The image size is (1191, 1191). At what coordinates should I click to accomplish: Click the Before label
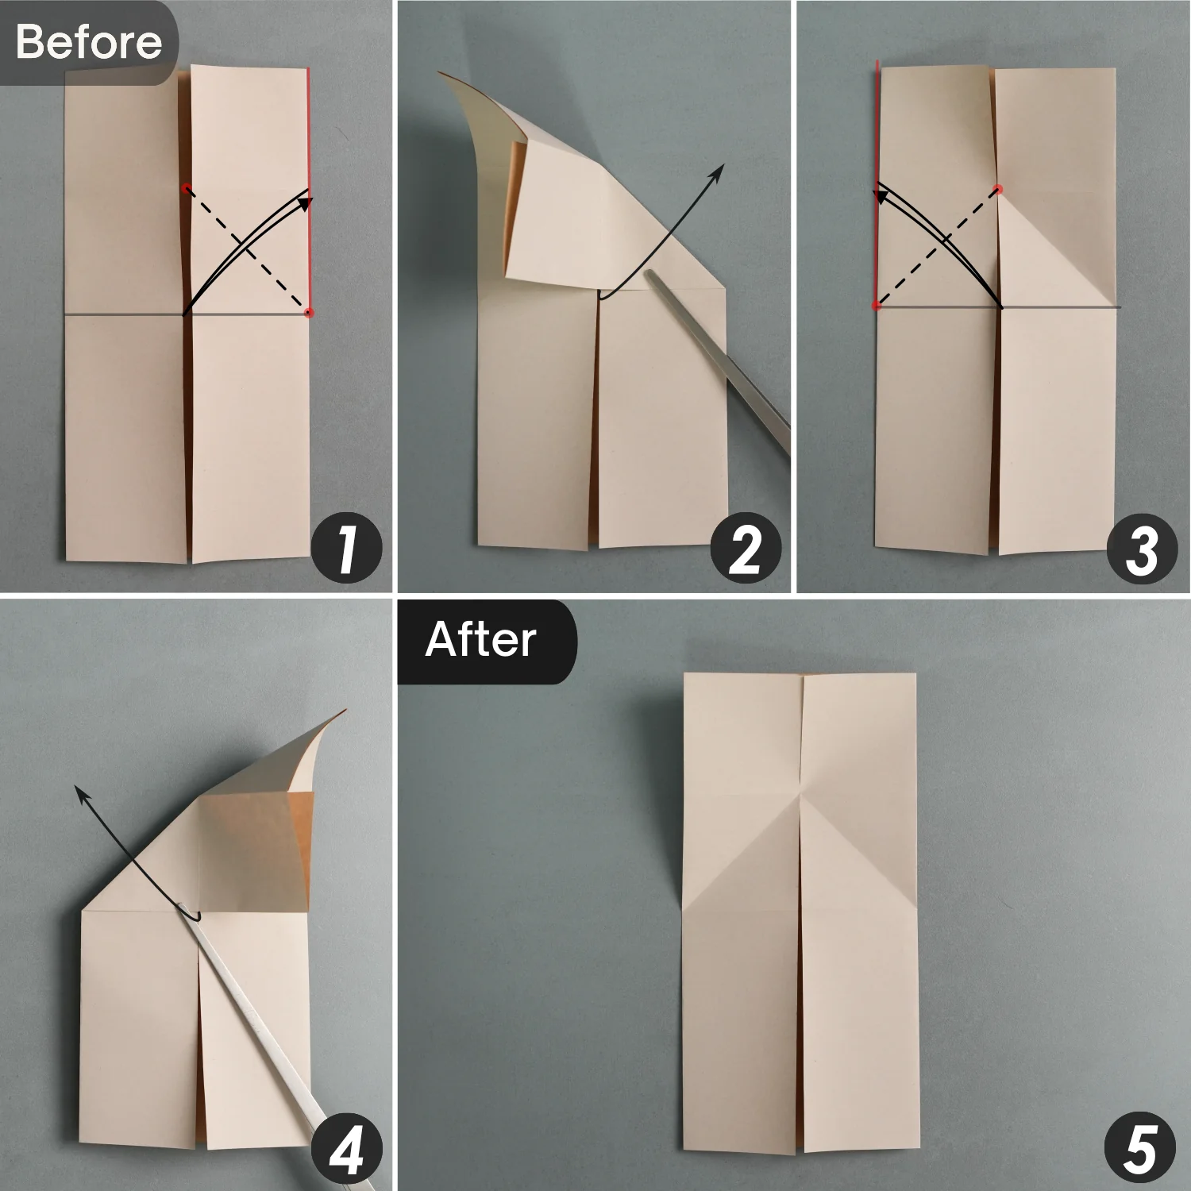[x=88, y=41]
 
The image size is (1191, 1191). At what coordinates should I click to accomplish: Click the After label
[x=481, y=640]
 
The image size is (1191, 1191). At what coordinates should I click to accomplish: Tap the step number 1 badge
[x=346, y=549]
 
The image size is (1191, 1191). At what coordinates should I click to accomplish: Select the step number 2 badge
[x=745, y=549]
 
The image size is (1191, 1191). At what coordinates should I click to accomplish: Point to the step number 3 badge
[x=1142, y=549]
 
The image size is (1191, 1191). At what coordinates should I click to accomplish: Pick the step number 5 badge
[x=1140, y=1147]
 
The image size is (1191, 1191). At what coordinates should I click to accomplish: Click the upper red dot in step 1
[x=186, y=189]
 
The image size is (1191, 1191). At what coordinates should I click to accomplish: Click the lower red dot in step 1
[x=309, y=313]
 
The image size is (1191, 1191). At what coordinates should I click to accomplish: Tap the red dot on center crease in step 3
[x=998, y=190]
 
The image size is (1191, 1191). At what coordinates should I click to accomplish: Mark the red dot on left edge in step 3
[x=877, y=306]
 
